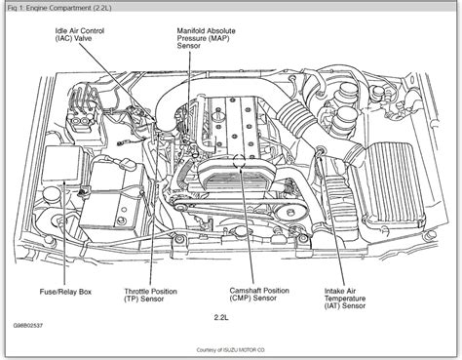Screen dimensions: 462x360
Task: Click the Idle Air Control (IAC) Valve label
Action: [x=80, y=35]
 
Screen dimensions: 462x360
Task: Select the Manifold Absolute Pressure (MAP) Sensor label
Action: [x=206, y=38]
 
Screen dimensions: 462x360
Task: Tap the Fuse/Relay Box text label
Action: [x=65, y=292]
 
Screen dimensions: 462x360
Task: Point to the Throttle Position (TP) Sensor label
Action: [x=151, y=296]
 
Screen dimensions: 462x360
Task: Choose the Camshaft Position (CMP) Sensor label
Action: [x=259, y=295]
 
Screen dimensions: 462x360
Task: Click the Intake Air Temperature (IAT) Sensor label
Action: [x=345, y=299]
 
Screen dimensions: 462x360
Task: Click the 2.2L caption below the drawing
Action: [x=221, y=317]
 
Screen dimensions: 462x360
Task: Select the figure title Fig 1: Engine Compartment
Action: [x=59, y=8]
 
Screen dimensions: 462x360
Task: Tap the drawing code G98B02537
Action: [x=28, y=326]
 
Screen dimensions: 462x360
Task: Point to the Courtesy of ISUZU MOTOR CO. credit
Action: [x=231, y=350]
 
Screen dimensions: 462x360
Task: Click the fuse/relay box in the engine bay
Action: [x=63, y=164]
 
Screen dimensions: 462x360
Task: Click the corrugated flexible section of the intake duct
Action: [x=296, y=118]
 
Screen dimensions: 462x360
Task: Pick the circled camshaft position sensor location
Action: [x=240, y=160]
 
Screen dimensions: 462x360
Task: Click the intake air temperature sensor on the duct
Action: [x=320, y=151]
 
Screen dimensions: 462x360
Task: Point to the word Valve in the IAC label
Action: [x=83, y=39]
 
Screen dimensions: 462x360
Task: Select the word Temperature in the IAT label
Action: [x=345, y=299]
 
